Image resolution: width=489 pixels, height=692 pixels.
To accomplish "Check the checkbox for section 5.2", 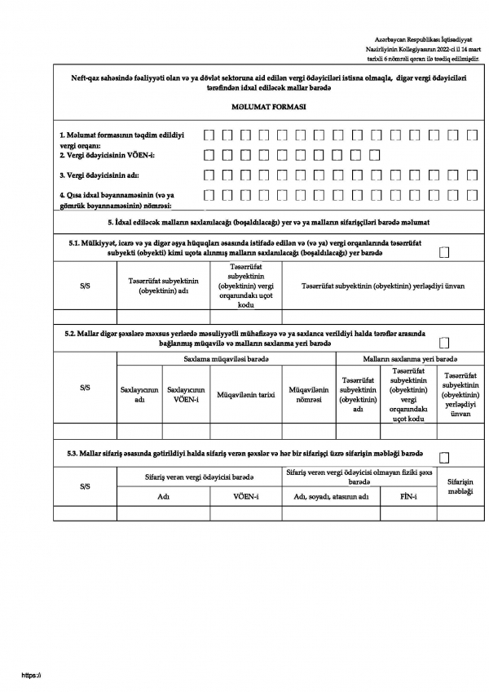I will [444, 343].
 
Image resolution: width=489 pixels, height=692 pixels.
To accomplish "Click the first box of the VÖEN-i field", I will [209, 153].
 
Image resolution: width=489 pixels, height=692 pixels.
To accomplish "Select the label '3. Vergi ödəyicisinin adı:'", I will [108, 175].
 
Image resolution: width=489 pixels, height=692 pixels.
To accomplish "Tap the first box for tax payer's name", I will [209, 175].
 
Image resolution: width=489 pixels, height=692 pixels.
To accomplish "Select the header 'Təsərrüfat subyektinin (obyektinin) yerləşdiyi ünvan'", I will [383, 286].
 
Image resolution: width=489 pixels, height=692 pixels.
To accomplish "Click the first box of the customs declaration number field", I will [209, 196].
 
